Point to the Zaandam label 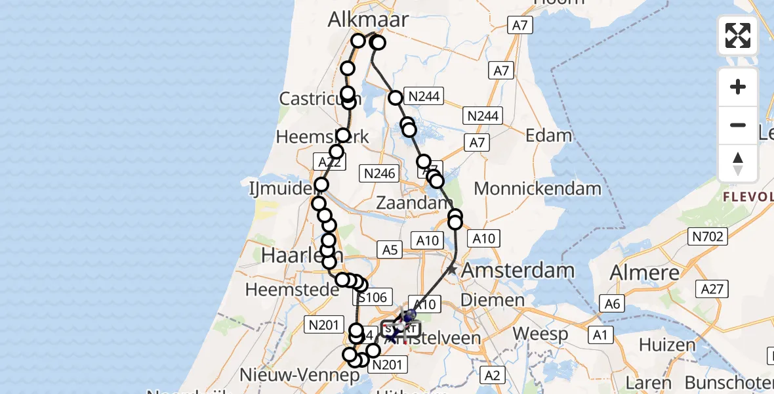coord(414,204)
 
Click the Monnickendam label coord(537,188)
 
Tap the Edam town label coord(549,135)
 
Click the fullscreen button coord(738,35)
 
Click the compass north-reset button coord(738,163)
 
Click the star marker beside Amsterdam coord(452,269)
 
